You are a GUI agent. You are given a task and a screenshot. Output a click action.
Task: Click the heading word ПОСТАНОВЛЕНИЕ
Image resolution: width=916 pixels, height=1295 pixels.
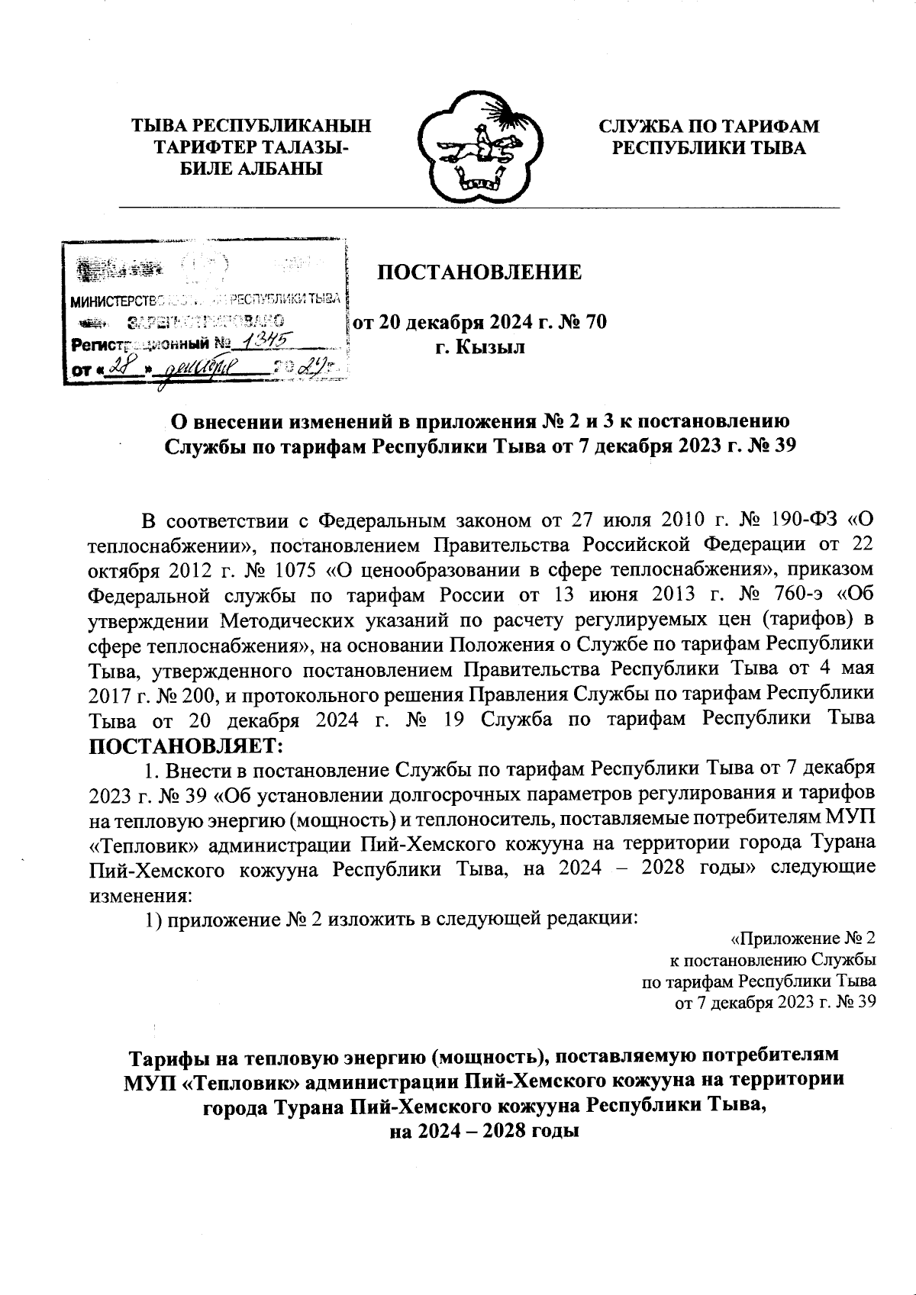480,272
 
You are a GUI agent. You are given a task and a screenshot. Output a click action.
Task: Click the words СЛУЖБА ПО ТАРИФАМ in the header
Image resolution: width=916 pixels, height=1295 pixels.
708,126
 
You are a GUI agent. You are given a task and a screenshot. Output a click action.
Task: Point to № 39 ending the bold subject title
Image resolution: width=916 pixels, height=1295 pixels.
770,445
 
